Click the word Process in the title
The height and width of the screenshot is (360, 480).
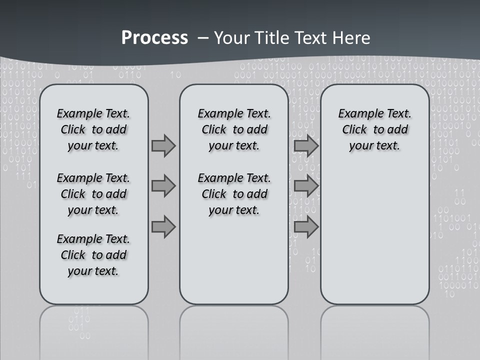pos(154,37)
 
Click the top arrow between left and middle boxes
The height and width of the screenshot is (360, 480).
pos(163,145)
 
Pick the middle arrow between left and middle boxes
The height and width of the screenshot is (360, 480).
pos(163,186)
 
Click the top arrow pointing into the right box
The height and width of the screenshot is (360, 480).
pos(306,145)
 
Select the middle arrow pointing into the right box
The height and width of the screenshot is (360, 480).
pos(306,186)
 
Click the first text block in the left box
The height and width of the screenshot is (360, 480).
pos(93,129)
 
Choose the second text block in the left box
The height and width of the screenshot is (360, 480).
pos(93,194)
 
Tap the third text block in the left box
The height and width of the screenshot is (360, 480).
pos(93,255)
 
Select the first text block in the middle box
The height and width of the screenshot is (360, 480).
pos(234,129)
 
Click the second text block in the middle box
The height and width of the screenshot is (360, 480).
pos(234,194)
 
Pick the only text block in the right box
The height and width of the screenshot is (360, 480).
pos(374,129)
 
